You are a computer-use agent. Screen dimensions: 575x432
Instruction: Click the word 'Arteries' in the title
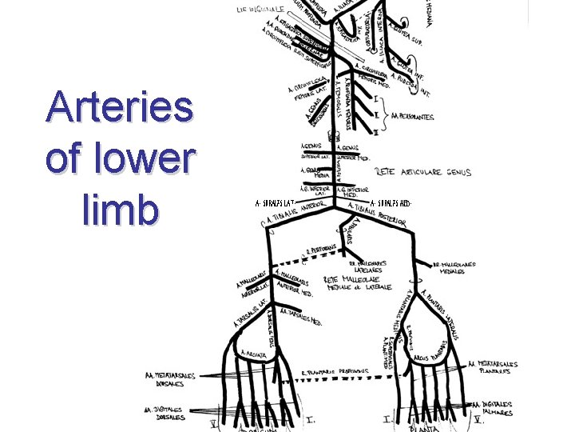point(120,107)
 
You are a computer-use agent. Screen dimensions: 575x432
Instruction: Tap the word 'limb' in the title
point(120,210)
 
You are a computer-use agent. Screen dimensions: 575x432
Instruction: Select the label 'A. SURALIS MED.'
point(391,203)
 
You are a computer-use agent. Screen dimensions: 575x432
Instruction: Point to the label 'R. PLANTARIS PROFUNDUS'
point(335,371)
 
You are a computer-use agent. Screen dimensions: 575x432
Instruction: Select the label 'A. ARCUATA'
point(255,352)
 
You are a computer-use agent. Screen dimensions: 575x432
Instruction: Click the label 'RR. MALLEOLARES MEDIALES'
point(454,267)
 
